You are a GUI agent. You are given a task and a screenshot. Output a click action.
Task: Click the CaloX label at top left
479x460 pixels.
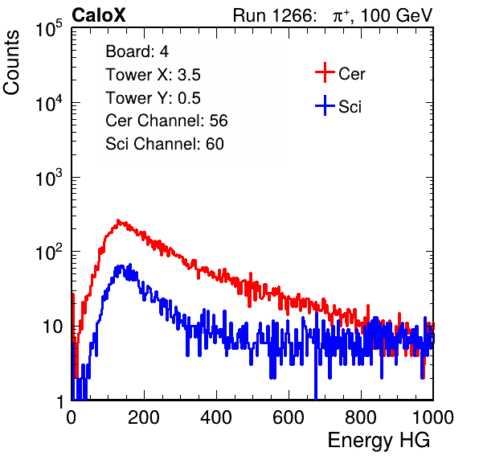point(98,15)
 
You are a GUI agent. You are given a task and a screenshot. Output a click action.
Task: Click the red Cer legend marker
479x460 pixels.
point(325,72)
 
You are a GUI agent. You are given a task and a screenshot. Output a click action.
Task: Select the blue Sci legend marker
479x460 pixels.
point(325,106)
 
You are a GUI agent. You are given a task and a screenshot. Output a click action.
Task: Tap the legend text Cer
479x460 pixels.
point(351,74)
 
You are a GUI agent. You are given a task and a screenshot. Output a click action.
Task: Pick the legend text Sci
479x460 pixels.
point(350,107)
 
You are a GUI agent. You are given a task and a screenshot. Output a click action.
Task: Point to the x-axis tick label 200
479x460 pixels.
point(144,417)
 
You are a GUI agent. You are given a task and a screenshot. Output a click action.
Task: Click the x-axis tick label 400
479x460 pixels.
point(216,417)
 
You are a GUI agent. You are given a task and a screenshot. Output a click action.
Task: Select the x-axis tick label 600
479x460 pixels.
point(289,417)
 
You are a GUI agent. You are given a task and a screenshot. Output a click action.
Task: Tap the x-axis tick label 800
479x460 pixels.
point(361,417)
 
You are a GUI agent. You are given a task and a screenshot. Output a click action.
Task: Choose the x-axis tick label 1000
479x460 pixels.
point(433,417)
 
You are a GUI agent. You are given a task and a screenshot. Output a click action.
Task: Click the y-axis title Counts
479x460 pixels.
point(11,63)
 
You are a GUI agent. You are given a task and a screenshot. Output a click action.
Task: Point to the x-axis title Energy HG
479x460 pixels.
point(379,441)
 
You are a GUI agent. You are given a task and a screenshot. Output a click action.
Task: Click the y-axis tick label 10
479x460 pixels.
point(52,327)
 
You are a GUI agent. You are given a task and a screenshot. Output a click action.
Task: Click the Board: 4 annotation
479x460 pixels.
point(137,51)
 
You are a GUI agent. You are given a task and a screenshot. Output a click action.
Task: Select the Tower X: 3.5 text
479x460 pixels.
point(153,75)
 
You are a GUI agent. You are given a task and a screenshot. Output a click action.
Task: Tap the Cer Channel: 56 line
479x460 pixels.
point(166,121)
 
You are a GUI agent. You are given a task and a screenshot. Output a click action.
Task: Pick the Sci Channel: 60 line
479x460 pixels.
point(165,144)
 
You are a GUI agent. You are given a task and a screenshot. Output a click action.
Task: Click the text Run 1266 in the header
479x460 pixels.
point(274,15)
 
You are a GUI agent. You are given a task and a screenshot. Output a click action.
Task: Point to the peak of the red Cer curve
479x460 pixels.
point(118,220)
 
